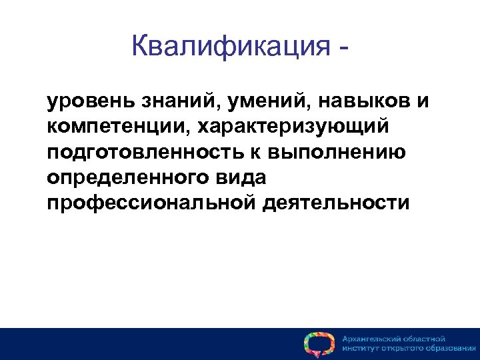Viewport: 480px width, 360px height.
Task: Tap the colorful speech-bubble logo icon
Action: point(319,343)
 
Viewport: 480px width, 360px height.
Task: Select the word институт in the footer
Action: point(361,349)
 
